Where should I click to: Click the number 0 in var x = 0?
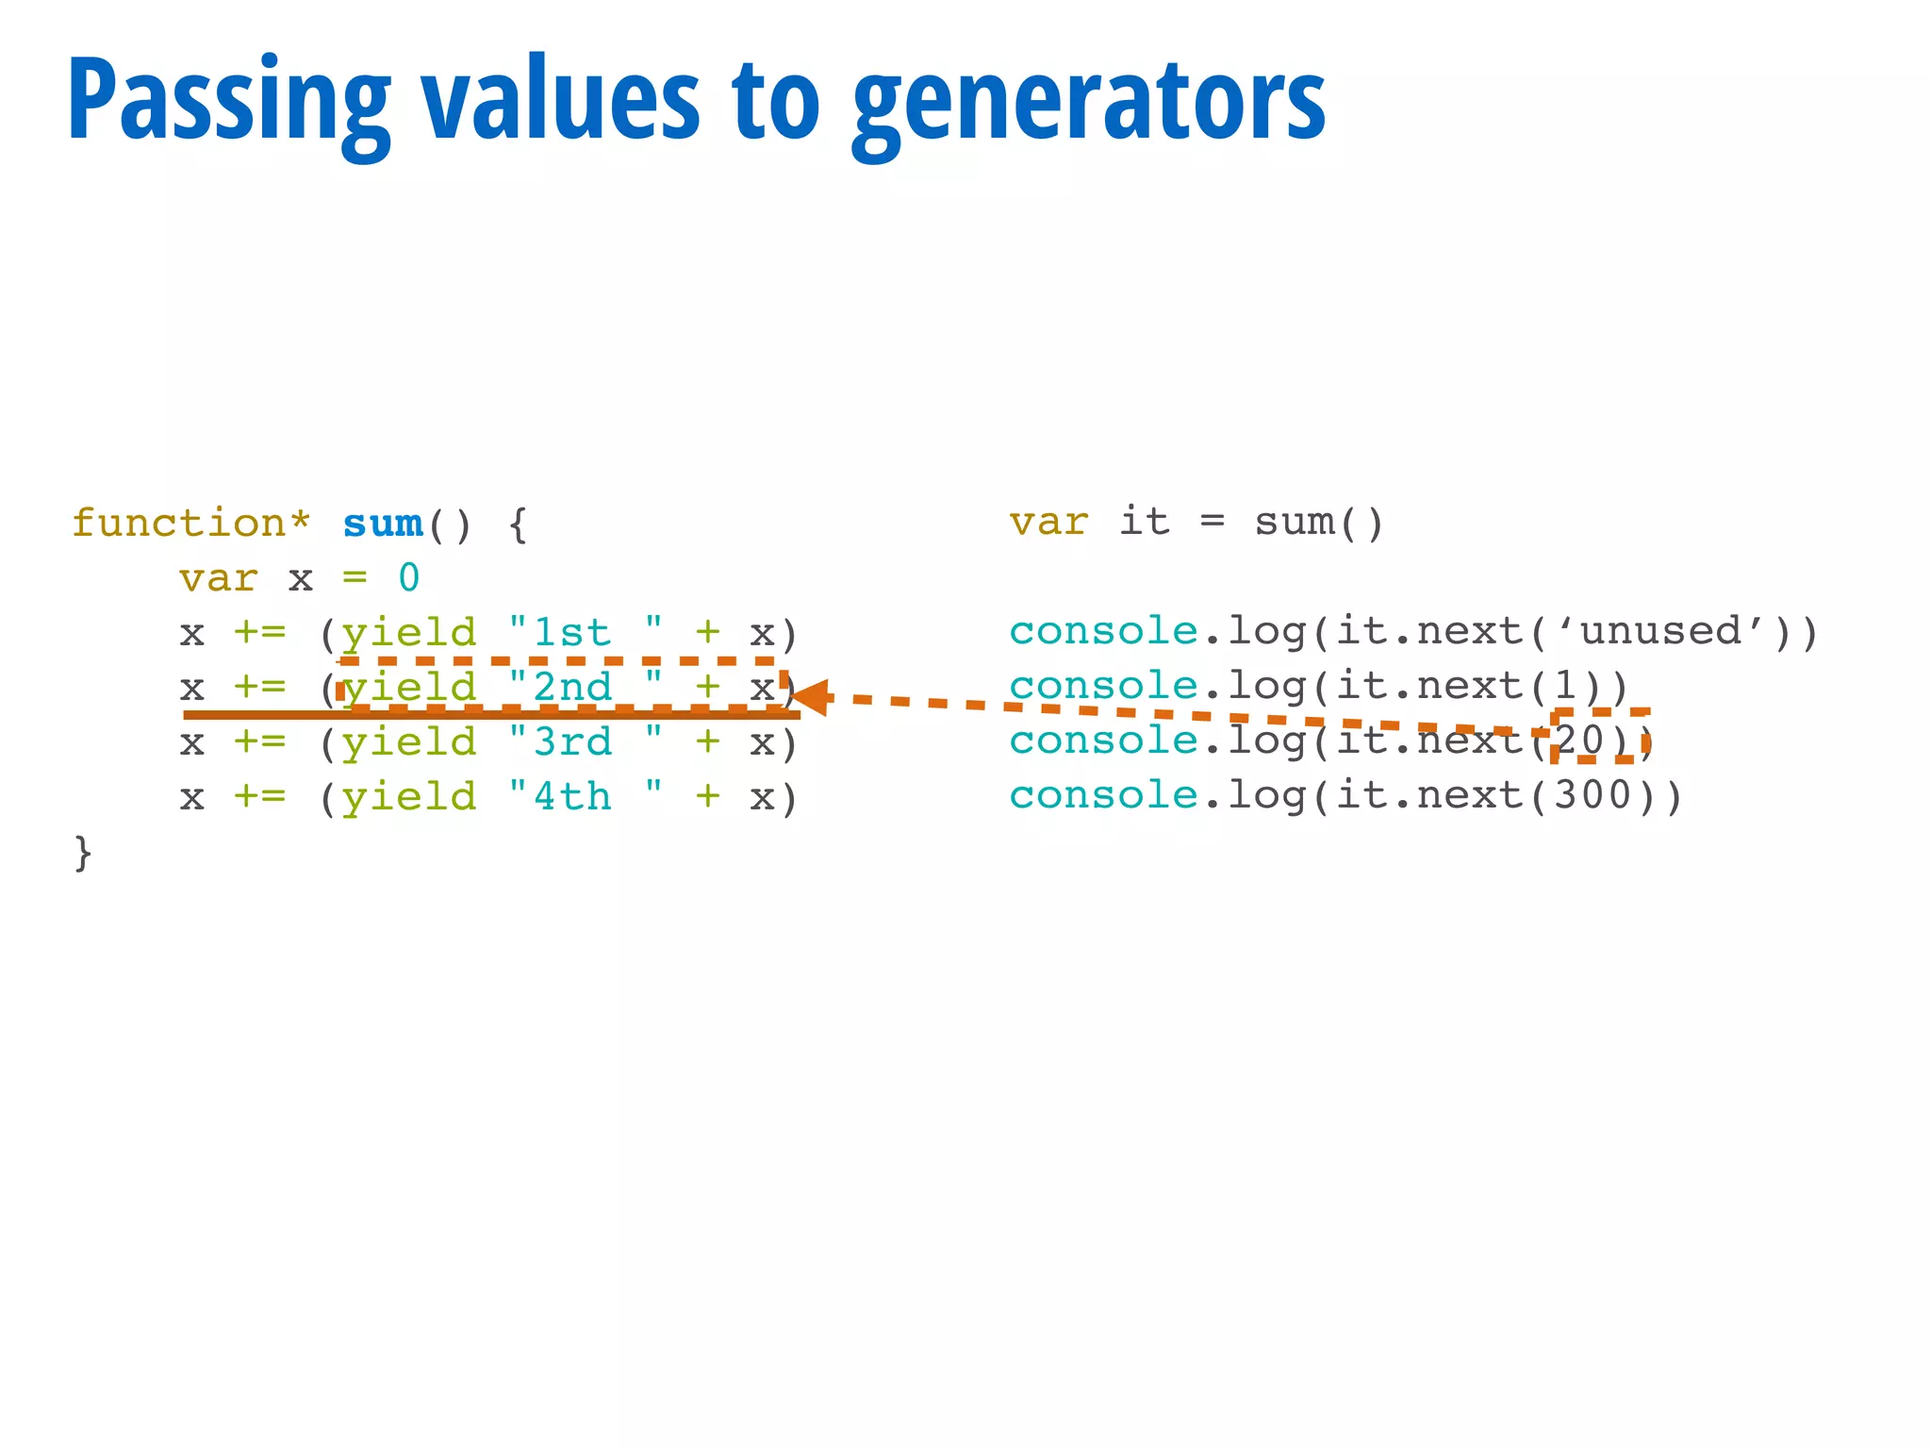point(408,578)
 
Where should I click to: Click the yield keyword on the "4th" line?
point(409,797)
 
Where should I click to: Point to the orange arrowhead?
point(811,697)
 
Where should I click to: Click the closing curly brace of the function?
point(83,853)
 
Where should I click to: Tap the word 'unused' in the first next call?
point(1660,631)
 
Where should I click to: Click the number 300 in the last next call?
point(1593,795)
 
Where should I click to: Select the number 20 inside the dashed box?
point(1580,741)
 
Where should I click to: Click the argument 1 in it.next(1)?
point(1565,686)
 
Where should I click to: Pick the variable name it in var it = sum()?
point(1145,522)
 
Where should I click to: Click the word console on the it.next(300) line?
point(1103,795)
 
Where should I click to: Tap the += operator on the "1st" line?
point(259,632)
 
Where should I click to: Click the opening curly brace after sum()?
point(518,525)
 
